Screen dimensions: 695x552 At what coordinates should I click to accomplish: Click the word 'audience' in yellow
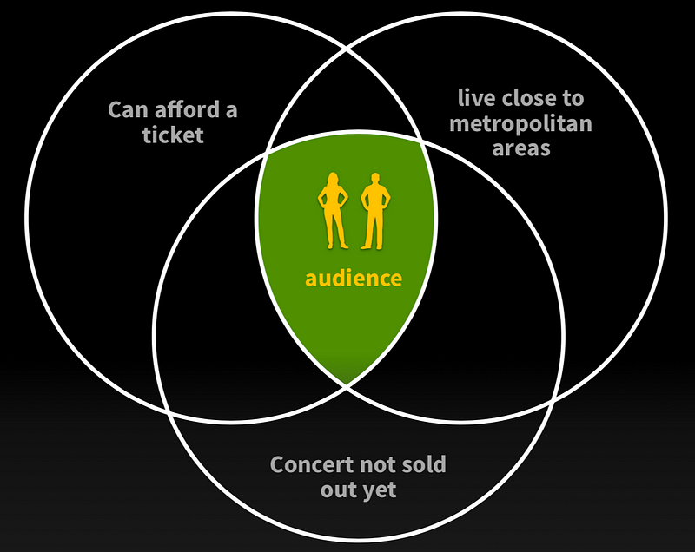354,279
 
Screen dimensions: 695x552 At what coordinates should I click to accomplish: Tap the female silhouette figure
333,211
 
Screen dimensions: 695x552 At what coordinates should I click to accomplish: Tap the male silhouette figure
375,211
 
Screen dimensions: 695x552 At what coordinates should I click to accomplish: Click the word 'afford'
187,109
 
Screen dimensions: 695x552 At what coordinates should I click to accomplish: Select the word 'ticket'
173,135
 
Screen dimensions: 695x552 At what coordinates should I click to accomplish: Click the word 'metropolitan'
520,124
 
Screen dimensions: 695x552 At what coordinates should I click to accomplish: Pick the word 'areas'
521,148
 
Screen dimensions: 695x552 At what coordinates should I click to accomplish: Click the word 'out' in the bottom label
338,490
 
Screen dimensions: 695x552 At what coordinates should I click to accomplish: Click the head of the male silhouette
375,178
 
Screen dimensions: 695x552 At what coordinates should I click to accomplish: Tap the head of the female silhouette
333,178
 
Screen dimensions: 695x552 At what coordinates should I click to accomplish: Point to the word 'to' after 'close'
573,98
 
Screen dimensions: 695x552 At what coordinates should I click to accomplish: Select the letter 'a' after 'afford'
231,111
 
